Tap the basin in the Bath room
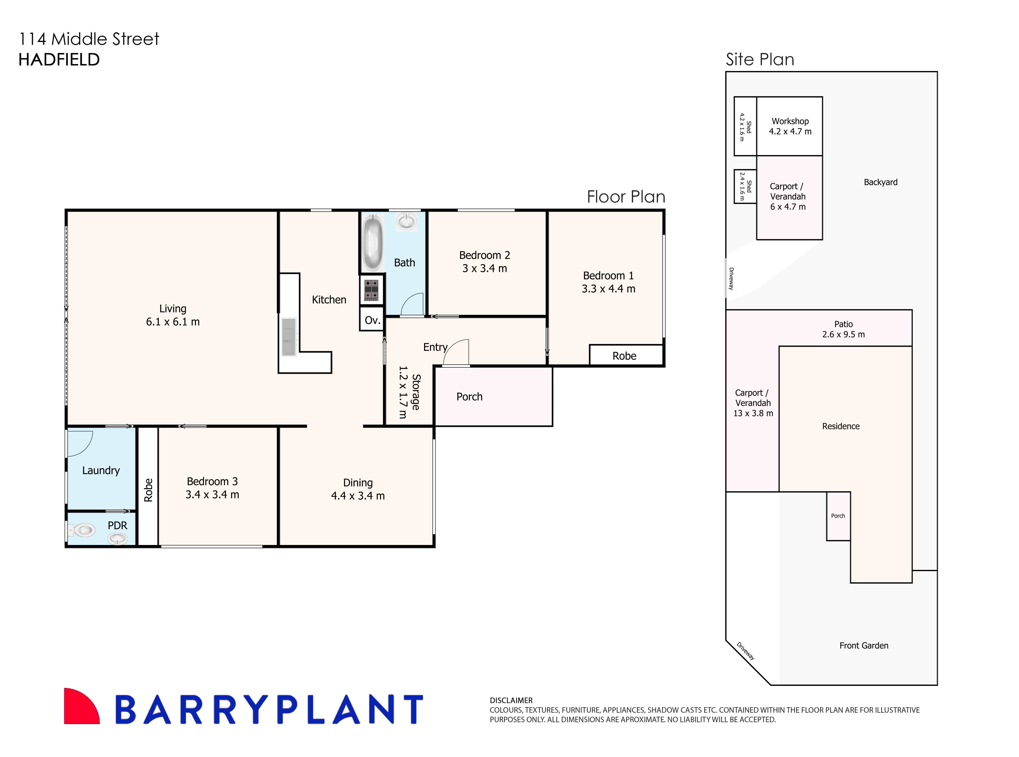click(x=406, y=222)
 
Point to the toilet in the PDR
click(x=83, y=530)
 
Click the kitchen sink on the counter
click(x=288, y=337)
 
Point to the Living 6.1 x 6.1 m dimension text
click(x=173, y=322)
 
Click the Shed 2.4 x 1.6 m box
click(x=745, y=187)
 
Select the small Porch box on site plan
click(x=838, y=516)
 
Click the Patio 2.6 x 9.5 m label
click(x=843, y=329)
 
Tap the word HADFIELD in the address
click(x=59, y=60)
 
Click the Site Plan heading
click(x=760, y=60)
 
